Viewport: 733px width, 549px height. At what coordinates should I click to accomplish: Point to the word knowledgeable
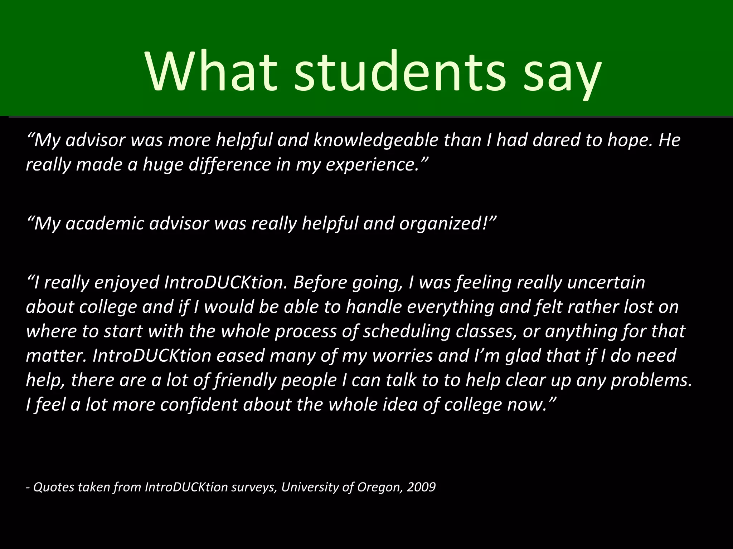(x=376, y=140)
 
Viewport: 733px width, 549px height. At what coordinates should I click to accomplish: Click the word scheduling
(x=407, y=331)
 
